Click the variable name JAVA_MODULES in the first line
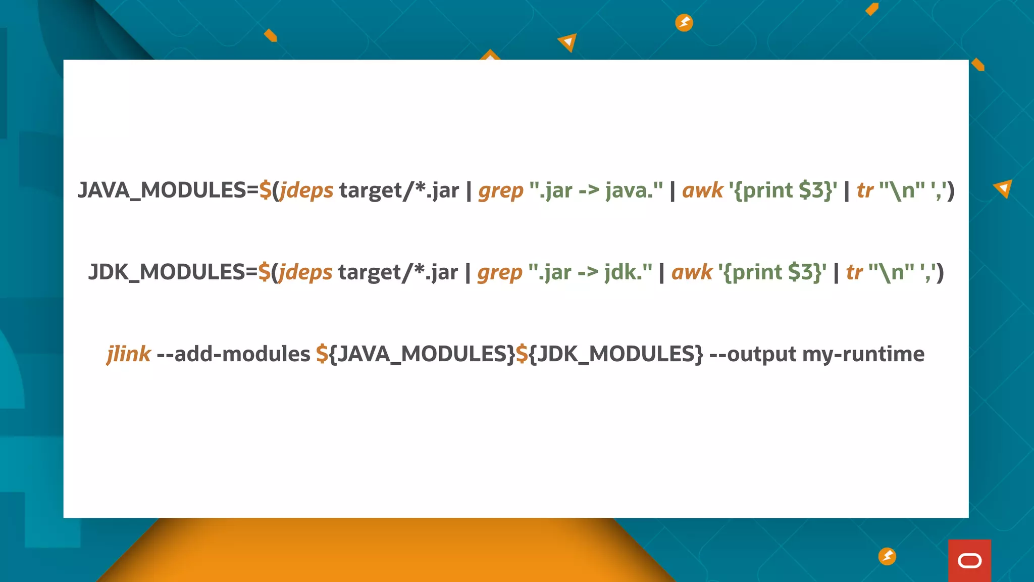click(162, 190)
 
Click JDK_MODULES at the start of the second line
click(167, 272)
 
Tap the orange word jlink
click(129, 354)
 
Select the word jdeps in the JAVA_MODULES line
click(306, 190)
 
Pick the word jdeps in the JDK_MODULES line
click(305, 272)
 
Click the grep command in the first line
click(501, 190)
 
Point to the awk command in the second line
click(692, 272)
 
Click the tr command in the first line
click(865, 190)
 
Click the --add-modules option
click(233, 354)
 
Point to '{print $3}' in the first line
click(783, 190)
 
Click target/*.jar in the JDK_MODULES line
click(398, 272)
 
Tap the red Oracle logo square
click(969, 561)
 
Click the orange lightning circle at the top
click(684, 23)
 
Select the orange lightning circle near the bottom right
click(887, 556)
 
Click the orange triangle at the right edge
click(1004, 188)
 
